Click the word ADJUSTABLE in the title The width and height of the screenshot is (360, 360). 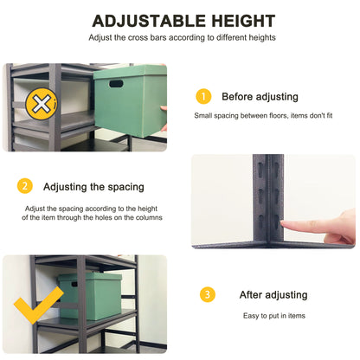pyautogui.click(x=146, y=21)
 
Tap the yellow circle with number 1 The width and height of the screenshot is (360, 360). pyautogui.click(x=203, y=96)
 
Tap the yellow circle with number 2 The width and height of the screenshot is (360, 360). pyautogui.click(x=25, y=186)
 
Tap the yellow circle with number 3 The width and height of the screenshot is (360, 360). pyautogui.click(x=208, y=295)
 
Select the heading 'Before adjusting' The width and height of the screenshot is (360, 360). pyautogui.click(x=260, y=97)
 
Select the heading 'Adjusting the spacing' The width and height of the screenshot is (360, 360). pyautogui.click(x=93, y=187)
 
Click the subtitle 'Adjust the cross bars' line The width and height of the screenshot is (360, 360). pyautogui.click(x=182, y=38)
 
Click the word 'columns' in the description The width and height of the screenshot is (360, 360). pyautogui.click(x=146, y=217)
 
